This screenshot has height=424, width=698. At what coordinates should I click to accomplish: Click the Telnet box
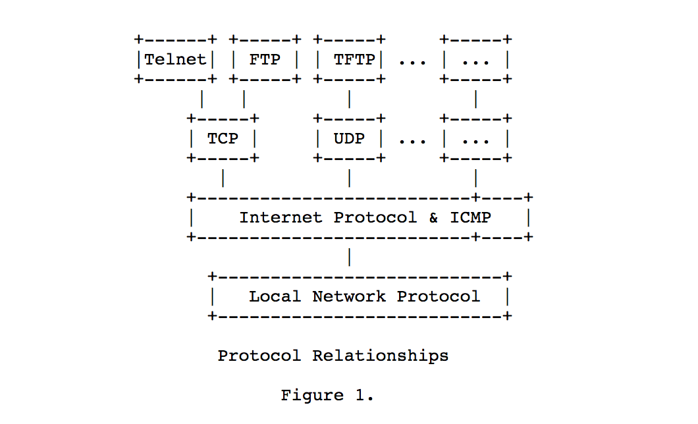pos(175,60)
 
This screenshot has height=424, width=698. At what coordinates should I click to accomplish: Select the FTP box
pos(265,60)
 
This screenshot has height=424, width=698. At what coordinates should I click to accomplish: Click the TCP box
pos(223,139)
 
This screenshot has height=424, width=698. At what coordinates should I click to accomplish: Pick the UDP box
pos(349,139)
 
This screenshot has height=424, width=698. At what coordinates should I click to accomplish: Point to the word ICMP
pos(470,217)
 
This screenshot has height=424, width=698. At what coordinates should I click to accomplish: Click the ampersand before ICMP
pos(433,217)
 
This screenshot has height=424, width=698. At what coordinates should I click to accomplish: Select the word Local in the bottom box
pos(275,296)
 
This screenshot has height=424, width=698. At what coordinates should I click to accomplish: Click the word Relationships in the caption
pos(381,356)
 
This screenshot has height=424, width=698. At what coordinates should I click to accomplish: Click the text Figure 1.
pos(327,396)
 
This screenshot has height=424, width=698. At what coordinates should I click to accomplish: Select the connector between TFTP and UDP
pos(349,99)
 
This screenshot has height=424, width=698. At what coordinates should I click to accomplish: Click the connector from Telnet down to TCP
pos(202,99)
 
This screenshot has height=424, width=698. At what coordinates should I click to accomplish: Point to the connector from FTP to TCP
pos(244,99)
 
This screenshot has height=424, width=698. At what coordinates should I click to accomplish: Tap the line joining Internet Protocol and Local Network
pos(349,257)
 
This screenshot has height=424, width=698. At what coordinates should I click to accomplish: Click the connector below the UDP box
pos(349,178)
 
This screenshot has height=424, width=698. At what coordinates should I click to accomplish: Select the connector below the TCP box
pos(223,178)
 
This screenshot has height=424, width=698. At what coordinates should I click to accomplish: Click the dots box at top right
pos(475,60)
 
